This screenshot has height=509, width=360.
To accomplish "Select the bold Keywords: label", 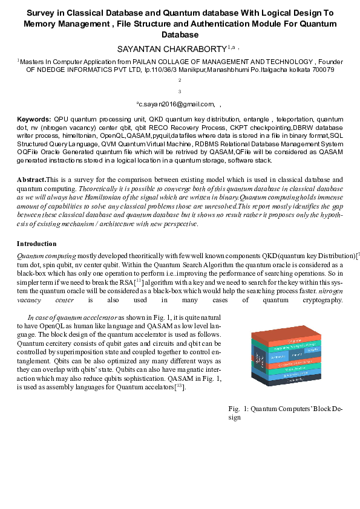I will [x=34, y=120].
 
